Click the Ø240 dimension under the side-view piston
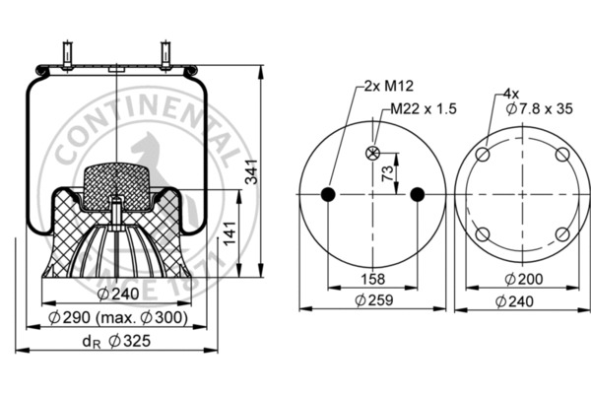click(x=118, y=294)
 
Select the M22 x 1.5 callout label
click(x=424, y=108)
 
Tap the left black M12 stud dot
click(x=328, y=193)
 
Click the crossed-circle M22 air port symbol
click(x=372, y=153)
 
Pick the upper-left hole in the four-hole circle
click(x=483, y=156)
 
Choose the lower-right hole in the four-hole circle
click(x=560, y=233)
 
